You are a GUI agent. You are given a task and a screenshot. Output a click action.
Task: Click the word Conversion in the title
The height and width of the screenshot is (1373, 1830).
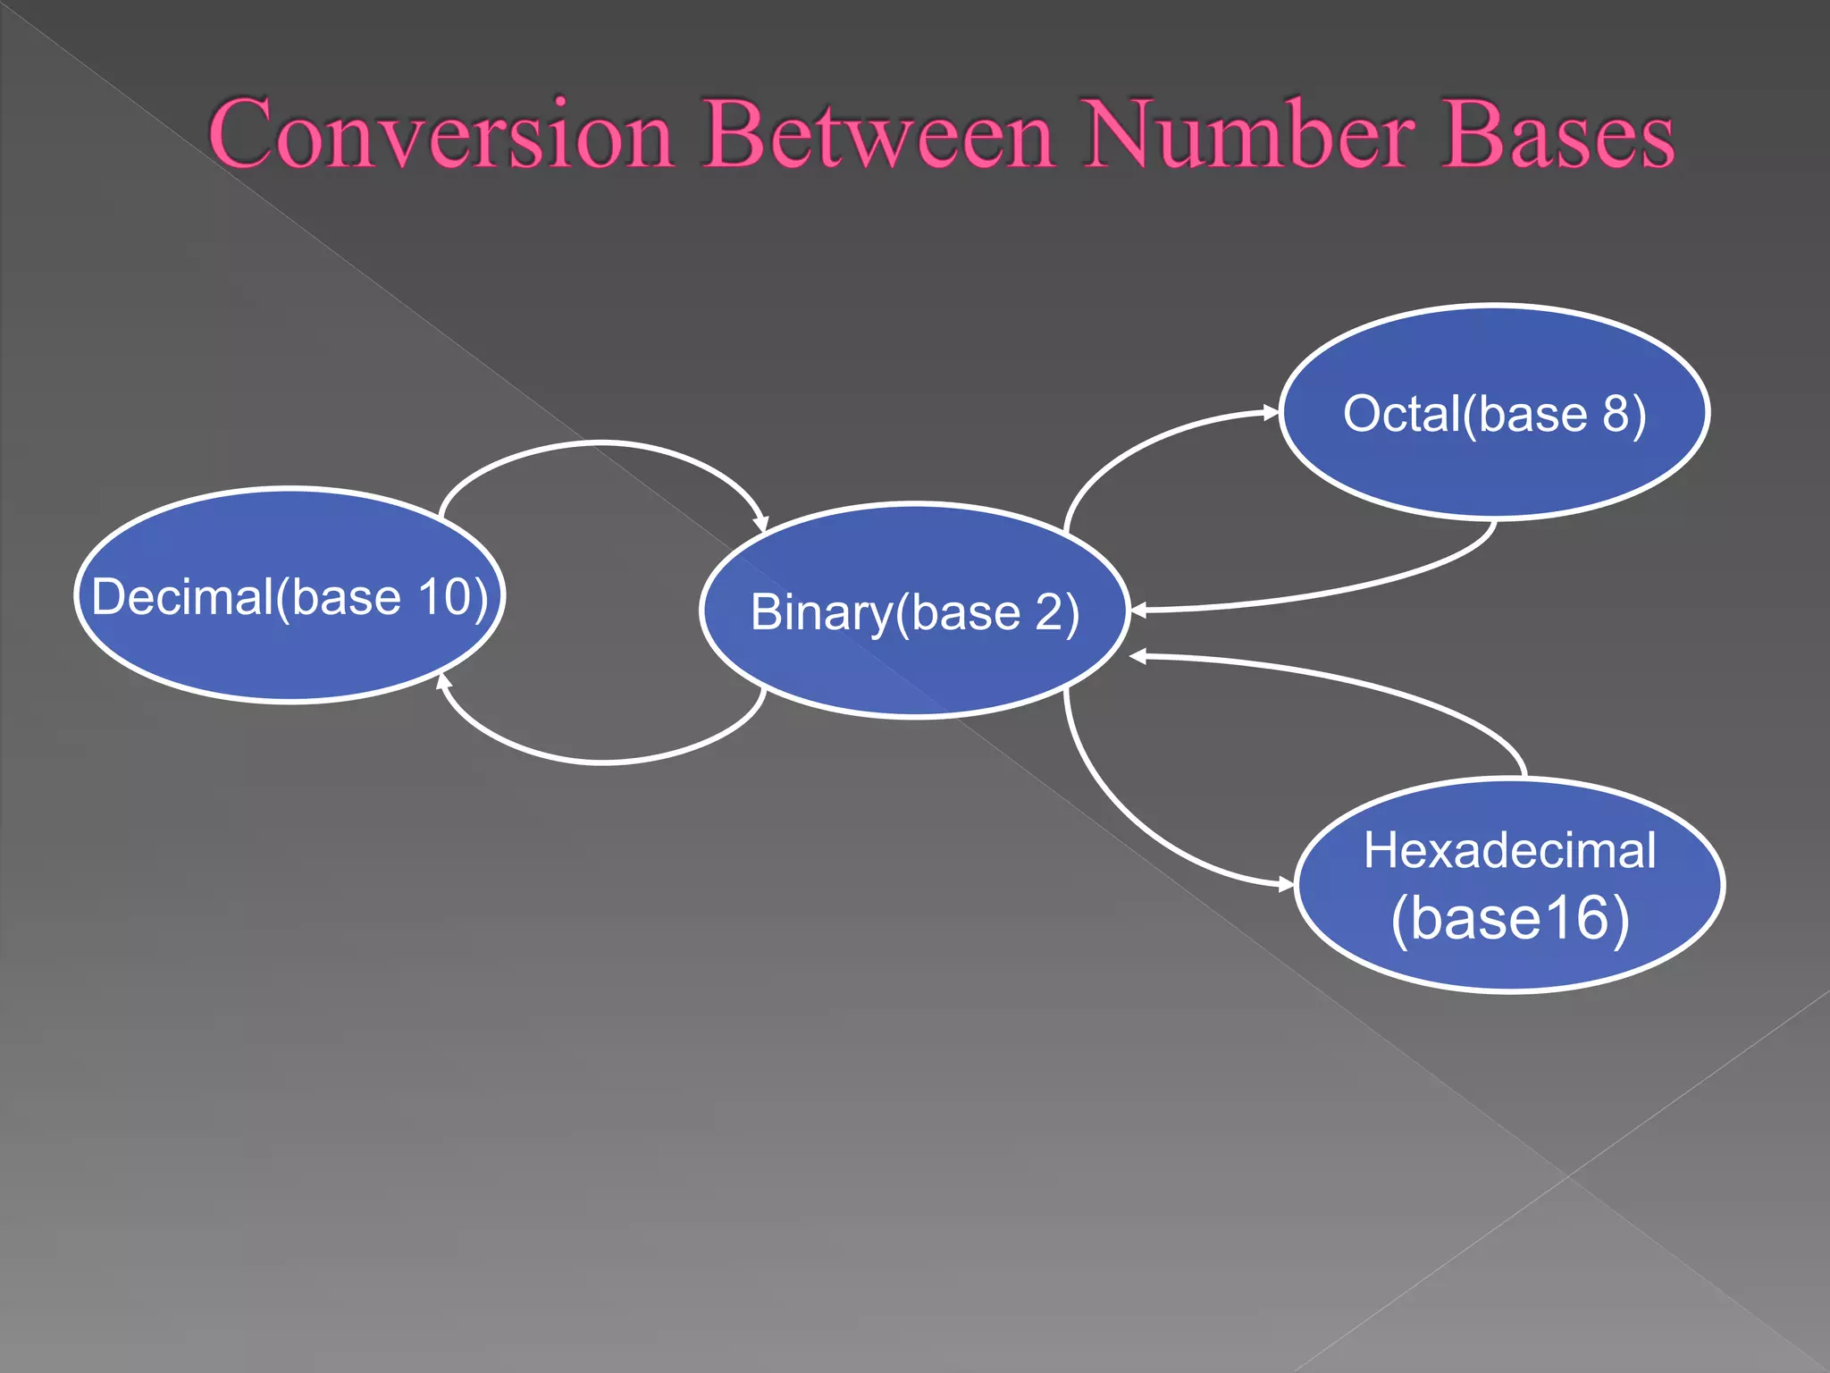[441, 134]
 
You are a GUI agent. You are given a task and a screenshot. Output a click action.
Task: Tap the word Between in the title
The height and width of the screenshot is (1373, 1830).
[880, 134]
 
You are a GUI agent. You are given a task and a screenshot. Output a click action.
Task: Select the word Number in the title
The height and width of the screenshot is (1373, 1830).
[1250, 134]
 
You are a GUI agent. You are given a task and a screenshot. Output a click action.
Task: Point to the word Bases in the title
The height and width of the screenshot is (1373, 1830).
[1558, 134]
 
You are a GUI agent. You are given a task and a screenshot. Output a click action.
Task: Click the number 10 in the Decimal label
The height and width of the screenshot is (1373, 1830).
[443, 597]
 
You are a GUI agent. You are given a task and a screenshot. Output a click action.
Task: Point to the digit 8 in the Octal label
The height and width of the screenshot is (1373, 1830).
[1616, 414]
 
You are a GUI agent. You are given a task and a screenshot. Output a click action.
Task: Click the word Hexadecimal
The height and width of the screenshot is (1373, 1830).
[1509, 850]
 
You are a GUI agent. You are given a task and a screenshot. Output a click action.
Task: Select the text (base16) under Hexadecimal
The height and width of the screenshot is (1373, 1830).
[1510, 918]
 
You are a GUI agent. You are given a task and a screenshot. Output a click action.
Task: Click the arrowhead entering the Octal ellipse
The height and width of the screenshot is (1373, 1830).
[1272, 412]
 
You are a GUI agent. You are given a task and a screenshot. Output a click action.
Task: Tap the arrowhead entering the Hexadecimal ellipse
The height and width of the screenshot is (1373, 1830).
[1286, 885]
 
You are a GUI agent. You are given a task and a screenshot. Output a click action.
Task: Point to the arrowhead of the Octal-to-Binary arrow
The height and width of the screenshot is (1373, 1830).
[1138, 611]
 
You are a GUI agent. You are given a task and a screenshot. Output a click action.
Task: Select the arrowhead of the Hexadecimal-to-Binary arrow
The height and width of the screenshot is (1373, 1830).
[1138, 657]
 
